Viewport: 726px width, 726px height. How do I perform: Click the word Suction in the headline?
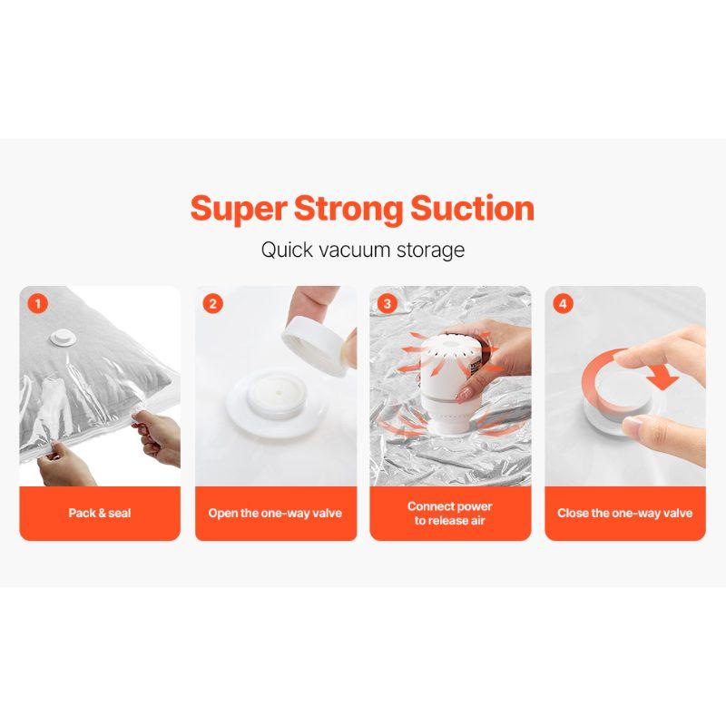coord(473,209)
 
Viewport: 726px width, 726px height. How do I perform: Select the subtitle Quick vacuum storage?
coord(362,250)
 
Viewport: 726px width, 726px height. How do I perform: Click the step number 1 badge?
coord(38,304)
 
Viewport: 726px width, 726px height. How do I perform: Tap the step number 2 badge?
coord(213,304)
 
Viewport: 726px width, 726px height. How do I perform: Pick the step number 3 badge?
coord(388,304)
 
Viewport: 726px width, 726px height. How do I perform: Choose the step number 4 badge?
coord(564,304)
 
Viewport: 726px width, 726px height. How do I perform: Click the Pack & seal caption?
coord(100,513)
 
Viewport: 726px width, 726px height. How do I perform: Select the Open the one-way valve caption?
coord(275,513)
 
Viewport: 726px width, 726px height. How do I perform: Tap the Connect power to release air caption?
coord(450,513)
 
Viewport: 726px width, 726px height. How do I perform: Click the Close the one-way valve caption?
coord(624,513)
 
